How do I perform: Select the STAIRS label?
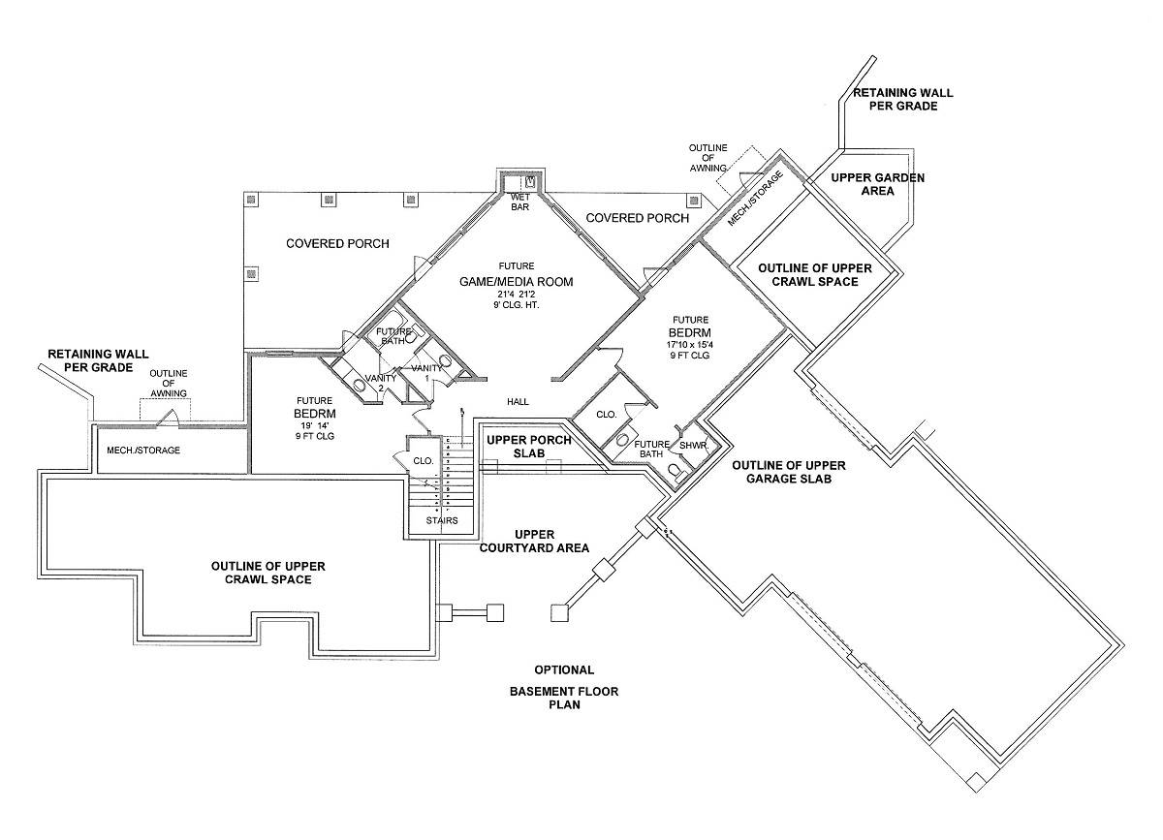coord(440,521)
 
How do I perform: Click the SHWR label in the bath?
coord(692,446)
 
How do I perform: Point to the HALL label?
coord(517,400)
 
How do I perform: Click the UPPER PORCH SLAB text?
coord(529,447)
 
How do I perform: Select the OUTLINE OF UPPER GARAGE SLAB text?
coord(782,472)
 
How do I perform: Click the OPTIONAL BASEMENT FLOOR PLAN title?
coord(564,689)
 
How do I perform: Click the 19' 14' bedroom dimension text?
coord(315,423)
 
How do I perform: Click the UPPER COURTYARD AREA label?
coord(535,541)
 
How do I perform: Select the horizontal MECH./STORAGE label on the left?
coord(143,451)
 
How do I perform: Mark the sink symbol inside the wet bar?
coord(530,181)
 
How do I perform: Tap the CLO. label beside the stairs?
coord(423,461)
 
